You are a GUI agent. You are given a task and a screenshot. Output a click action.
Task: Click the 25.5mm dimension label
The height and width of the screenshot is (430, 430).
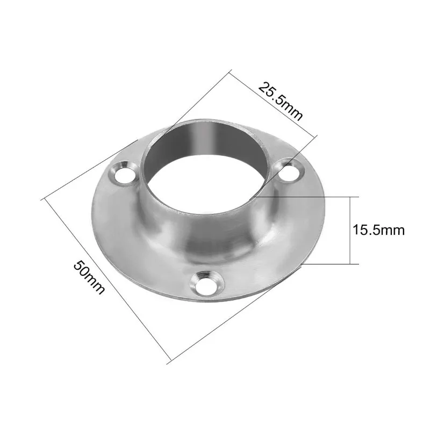pos(281,101)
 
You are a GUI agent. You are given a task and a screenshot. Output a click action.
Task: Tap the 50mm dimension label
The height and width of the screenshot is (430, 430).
pos(89,277)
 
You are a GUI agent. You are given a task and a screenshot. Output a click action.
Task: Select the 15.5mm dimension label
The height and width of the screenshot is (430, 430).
pos(378,230)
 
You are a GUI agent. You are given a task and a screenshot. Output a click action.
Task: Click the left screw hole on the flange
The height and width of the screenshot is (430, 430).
pos(124,174)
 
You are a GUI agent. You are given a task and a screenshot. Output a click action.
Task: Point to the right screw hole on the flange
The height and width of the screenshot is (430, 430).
pos(289,172)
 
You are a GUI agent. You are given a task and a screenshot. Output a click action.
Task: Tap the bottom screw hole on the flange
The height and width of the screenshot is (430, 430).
pos(207,285)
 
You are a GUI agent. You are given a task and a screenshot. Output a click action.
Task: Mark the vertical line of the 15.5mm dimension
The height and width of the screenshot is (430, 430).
pos(350,231)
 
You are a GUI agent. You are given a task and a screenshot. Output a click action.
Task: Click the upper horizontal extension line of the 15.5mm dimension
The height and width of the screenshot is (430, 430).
pos(305,197)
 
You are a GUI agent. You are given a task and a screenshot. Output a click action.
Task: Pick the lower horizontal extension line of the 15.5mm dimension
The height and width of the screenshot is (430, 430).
pos(329,264)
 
